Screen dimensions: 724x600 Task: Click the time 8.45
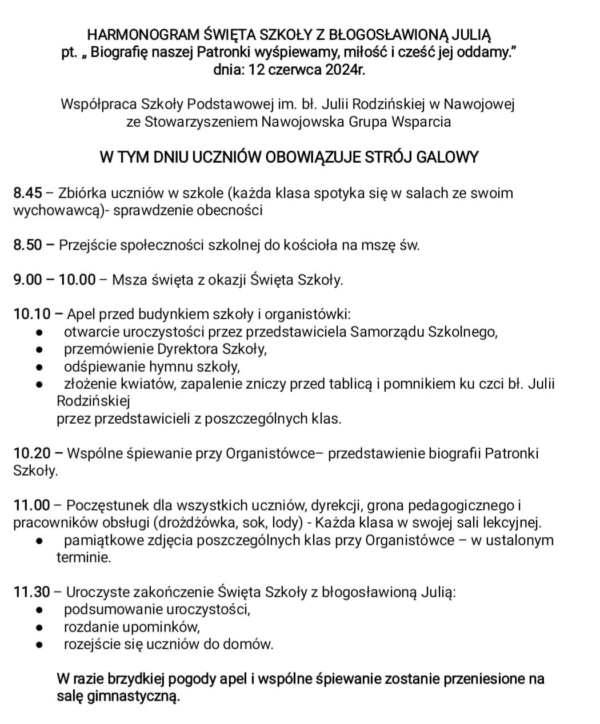[x=27, y=193]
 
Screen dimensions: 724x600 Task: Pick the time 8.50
[x=27, y=245]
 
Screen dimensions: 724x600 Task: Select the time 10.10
[x=31, y=314]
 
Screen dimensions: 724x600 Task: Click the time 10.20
[x=31, y=453]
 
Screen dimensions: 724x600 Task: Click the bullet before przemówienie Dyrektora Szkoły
[x=39, y=349]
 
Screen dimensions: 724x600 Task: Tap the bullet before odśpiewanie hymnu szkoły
[x=39, y=367]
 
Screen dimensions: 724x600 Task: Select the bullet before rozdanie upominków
[x=39, y=628]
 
